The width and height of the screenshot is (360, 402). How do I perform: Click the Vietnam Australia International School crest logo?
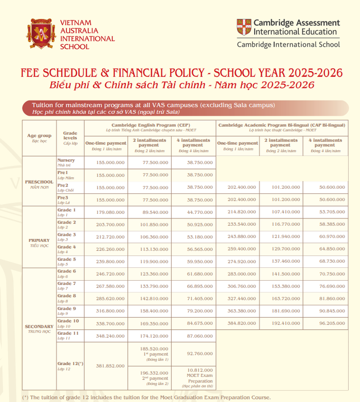coord(41,35)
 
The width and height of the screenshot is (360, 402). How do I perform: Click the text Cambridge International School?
coord(288,44)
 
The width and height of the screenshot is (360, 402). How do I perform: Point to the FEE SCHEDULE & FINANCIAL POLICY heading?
coord(181,72)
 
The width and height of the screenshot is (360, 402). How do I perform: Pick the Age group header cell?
coord(39,138)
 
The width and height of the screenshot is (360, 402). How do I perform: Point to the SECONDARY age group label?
coord(39,328)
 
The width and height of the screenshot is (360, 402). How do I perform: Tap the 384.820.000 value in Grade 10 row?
coord(238,324)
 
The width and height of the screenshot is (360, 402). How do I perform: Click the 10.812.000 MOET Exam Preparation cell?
coord(193,377)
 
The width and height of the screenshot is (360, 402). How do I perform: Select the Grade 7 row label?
coord(67,285)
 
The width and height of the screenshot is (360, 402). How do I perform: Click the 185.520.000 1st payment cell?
coord(149,353)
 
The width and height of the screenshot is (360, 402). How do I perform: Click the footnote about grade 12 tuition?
coord(146,397)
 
